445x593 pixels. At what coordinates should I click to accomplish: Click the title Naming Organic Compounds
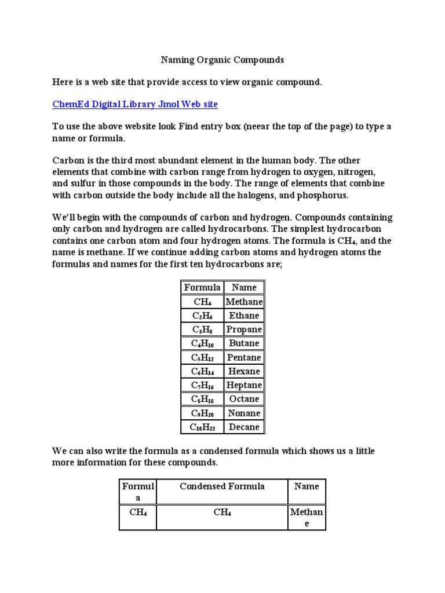click(222, 60)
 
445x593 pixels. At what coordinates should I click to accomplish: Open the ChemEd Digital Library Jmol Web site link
click(135, 104)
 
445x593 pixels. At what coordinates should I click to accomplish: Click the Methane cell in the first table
click(244, 302)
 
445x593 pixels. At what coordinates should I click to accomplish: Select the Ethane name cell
click(244, 316)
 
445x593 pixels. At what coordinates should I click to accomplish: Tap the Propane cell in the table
click(244, 330)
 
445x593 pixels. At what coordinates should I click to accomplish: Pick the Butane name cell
click(244, 343)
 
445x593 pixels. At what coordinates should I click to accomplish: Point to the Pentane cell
click(244, 357)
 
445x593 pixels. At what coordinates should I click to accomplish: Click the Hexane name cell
click(244, 371)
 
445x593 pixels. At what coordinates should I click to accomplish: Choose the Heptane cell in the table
click(244, 385)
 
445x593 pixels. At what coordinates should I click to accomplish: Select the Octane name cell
click(244, 399)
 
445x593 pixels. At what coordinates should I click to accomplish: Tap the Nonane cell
click(244, 413)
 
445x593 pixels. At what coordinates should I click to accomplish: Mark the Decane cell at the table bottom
click(244, 427)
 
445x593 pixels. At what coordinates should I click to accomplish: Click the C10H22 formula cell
click(202, 427)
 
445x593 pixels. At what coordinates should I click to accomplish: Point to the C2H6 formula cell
click(202, 316)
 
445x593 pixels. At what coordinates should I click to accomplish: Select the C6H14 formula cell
click(202, 371)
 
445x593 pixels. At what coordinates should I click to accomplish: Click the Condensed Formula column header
click(222, 486)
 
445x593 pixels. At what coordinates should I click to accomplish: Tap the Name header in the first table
click(244, 287)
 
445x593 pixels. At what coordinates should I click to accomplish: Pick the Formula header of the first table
click(202, 287)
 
